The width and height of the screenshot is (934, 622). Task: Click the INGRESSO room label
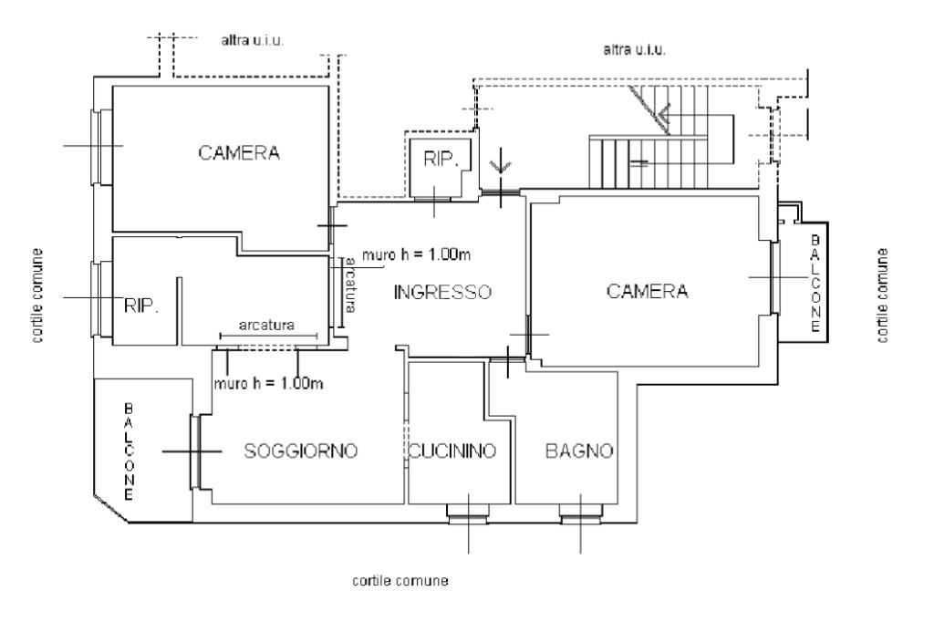pos(442,292)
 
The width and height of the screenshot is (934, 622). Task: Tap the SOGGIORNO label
pos(301,451)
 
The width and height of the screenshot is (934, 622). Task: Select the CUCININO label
pos(452,451)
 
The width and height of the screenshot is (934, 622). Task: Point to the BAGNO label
pos(579,451)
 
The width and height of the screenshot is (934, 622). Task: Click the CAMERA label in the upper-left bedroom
pos(239,153)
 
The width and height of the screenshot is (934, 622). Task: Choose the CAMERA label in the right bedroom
pos(647,291)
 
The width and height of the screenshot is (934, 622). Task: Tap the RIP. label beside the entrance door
pos(441,159)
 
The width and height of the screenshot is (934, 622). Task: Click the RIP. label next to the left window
pos(141,306)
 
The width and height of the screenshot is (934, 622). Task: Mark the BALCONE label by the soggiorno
pos(129,451)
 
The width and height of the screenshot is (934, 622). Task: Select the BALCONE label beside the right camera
pos(815,284)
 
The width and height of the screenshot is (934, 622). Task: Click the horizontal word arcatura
pos(266,326)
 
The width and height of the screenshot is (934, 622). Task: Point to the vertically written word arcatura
pos(350,285)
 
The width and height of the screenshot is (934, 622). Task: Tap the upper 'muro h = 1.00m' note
pos(416,255)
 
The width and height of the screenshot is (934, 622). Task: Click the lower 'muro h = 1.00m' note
pos(269,383)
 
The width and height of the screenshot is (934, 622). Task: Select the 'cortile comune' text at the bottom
pos(400,580)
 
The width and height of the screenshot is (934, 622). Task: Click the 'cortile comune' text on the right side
pos(883,295)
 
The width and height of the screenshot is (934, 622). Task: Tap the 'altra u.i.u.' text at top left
pos(253,41)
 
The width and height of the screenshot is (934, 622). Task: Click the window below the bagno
pos(581,514)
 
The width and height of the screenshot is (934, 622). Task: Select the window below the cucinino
pos(468,514)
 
